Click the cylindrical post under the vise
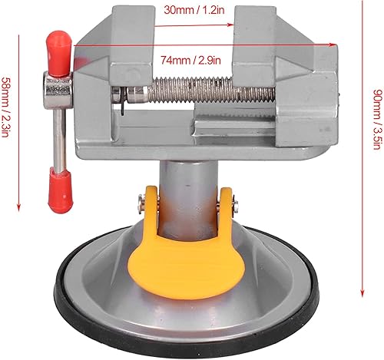[x=184, y=184]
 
